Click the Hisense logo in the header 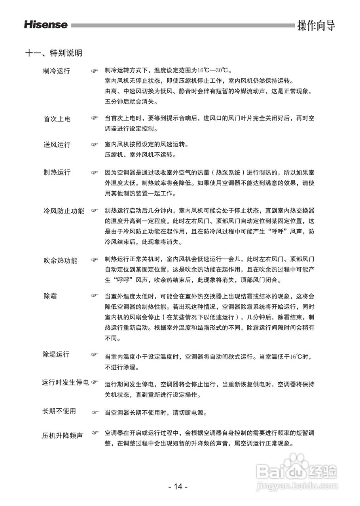point(46,25)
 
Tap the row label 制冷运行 point(57,71)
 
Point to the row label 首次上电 point(57,119)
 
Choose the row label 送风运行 point(57,145)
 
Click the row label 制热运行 point(57,172)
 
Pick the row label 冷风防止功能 point(63,211)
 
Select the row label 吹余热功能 point(60,261)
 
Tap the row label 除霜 point(50,296)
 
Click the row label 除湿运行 point(56,354)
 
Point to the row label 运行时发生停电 point(66,383)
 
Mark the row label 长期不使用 point(59,411)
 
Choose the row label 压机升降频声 point(63,436)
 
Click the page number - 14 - point(178,487)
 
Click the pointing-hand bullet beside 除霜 point(95,296)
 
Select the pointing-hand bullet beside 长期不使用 point(95,412)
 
